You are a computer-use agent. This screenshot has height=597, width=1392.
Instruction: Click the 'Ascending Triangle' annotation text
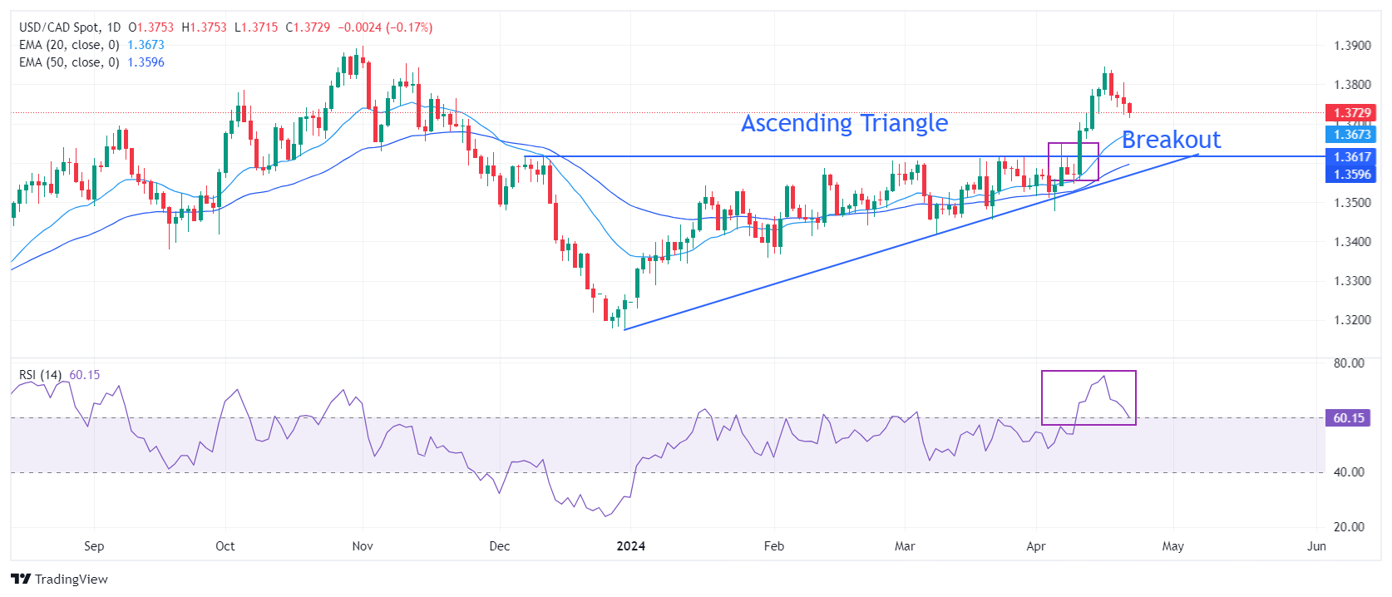844,123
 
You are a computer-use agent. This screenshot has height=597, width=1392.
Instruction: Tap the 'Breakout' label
1171,140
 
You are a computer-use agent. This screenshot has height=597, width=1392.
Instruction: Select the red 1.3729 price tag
1351,113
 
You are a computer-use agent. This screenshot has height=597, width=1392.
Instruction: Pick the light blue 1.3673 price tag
1351,135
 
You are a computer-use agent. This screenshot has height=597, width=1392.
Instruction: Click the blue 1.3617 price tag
1351,157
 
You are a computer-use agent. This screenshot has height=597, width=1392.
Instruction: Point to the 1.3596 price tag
1351,175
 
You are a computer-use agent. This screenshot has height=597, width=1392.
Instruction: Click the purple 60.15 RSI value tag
1348,418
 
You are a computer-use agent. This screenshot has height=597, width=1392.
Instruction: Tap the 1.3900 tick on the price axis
1352,46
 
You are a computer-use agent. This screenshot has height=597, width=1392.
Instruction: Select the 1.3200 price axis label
1352,320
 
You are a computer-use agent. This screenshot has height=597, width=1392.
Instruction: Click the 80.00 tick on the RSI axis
1349,363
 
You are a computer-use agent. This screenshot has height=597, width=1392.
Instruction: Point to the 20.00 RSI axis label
1349,526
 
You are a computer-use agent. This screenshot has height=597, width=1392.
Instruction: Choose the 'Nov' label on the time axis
363,546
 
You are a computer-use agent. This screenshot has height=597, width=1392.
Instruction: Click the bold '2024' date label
630,546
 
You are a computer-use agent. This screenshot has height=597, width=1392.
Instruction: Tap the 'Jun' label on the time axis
1316,546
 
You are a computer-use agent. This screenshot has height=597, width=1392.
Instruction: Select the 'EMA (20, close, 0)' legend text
69,45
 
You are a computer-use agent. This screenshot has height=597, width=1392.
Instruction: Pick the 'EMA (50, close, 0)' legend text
69,62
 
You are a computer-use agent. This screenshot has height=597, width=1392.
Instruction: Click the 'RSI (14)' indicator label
40,375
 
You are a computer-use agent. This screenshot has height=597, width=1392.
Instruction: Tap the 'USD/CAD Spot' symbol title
58,27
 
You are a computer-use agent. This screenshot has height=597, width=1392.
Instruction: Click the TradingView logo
60,579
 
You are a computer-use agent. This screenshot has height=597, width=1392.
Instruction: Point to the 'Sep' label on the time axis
94,546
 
